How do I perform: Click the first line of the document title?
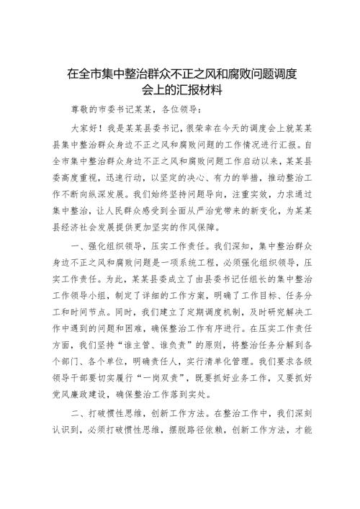click(180, 73)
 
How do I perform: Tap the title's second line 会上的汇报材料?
click(180, 91)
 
